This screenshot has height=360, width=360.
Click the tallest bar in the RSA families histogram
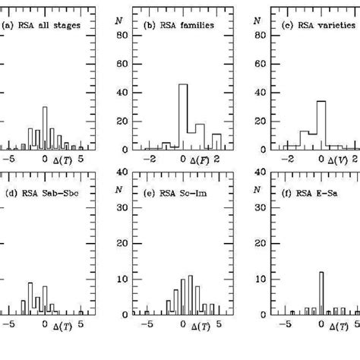tap(183, 114)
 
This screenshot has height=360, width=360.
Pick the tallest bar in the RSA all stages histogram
tap(45, 125)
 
